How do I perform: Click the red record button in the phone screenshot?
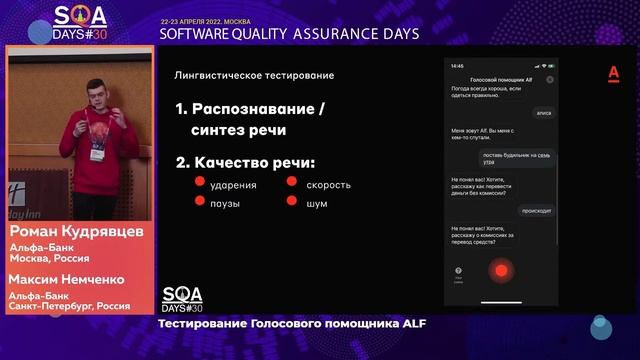(500, 270)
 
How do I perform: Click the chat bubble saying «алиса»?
(543, 113)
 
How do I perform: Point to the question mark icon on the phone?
(459, 270)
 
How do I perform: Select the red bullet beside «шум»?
(292, 202)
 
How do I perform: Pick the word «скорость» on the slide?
(328, 184)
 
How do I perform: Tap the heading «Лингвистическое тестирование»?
(254, 75)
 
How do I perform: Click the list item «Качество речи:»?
(245, 161)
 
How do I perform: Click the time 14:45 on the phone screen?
(457, 66)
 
